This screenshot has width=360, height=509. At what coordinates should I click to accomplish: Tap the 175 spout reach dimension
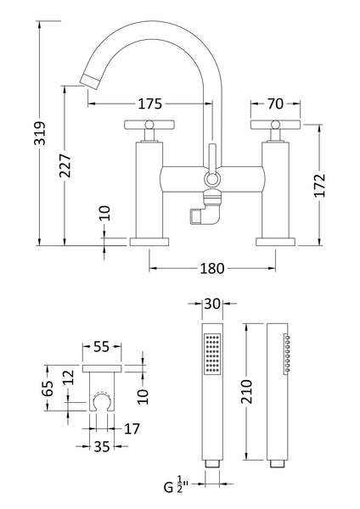click(149, 104)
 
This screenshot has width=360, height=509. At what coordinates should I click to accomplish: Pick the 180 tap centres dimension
click(211, 269)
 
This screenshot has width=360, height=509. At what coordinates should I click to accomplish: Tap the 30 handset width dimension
click(211, 303)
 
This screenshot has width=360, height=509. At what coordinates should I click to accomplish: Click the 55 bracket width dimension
click(101, 347)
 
